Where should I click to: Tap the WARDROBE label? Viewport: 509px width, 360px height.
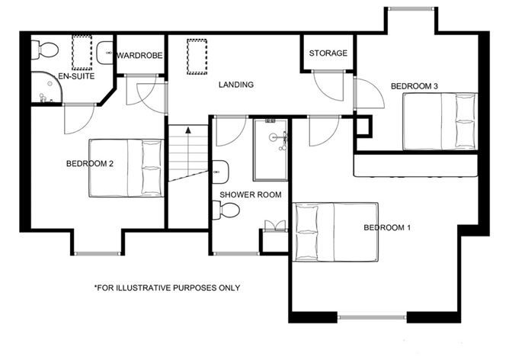tap(141, 55)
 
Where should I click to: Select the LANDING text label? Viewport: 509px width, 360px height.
tap(236, 85)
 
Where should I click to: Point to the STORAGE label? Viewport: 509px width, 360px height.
tap(328, 53)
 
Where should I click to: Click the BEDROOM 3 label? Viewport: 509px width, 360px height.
tap(414, 86)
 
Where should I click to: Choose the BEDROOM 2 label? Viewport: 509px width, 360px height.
tap(90, 163)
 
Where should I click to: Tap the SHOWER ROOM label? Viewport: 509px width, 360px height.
tap(250, 195)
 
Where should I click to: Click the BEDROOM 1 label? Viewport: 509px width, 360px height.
tap(387, 228)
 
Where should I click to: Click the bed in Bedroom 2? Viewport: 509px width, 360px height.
tap(126, 167)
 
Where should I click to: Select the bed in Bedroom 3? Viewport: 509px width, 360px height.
tap(440, 121)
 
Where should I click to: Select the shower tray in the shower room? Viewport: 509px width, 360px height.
tap(271, 149)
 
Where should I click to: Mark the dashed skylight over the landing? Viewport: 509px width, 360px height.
tap(197, 57)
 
